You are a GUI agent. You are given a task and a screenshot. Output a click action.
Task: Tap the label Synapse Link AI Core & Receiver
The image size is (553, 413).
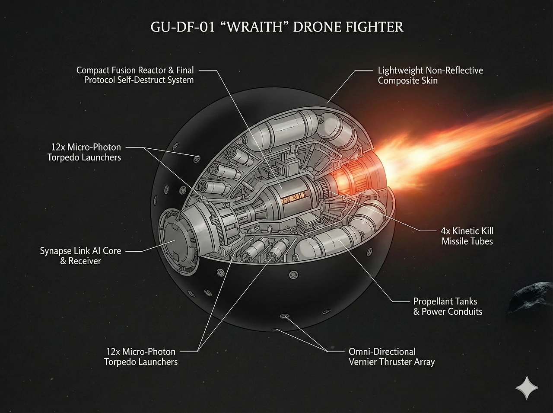[80, 256]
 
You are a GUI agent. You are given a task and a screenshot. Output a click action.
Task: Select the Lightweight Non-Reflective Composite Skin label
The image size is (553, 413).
[430, 75]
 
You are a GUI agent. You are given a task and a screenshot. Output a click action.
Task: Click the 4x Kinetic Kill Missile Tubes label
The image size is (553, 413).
[467, 236]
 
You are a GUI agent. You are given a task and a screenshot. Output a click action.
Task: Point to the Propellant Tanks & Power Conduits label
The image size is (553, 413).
[448, 306]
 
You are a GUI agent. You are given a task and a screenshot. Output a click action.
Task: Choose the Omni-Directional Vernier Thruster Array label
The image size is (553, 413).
[391, 357]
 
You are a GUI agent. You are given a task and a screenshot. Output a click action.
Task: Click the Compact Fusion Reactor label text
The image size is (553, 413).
[135, 70]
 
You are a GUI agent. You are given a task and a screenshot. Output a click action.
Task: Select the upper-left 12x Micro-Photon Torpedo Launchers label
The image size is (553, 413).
[84, 152]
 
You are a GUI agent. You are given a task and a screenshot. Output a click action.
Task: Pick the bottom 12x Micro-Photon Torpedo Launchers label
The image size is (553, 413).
[141, 357]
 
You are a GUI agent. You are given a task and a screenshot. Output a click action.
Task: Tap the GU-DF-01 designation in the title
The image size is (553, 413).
[182, 27]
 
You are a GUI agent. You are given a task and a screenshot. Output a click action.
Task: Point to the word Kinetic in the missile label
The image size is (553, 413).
[467, 231]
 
